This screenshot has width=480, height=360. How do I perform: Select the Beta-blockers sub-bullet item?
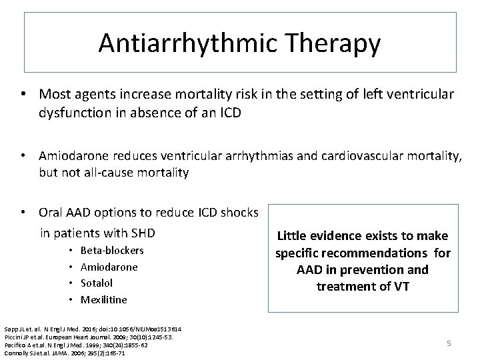(x=112, y=251)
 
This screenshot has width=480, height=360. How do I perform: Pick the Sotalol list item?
(x=97, y=283)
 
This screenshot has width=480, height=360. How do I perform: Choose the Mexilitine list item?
(x=103, y=299)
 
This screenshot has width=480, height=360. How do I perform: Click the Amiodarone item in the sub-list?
(x=109, y=267)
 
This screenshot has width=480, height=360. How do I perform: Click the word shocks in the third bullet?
(x=237, y=212)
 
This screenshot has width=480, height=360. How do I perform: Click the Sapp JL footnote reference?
(x=93, y=329)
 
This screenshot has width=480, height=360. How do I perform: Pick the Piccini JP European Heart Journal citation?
(x=88, y=337)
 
